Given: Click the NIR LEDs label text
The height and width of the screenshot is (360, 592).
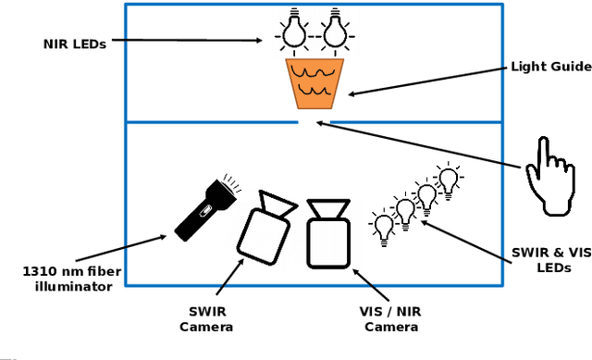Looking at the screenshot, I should [x=74, y=43].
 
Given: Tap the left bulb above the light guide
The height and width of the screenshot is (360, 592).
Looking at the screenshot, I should [x=294, y=31].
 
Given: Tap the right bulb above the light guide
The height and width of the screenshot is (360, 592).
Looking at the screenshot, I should [x=334, y=31].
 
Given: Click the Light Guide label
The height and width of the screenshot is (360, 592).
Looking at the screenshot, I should [x=550, y=67].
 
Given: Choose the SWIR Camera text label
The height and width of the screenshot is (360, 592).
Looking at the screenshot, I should [x=205, y=319].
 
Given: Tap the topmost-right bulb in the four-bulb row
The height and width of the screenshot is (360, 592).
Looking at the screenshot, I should [x=449, y=179].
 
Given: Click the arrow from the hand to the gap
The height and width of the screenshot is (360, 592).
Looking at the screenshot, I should [x=415, y=143].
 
